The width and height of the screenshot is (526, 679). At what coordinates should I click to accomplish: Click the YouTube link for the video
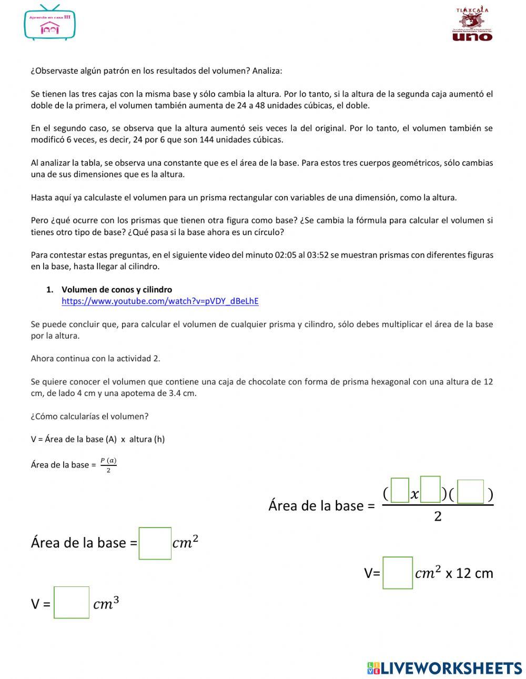pos(160,301)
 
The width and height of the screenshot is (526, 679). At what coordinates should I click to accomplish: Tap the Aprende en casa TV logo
pos(50,23)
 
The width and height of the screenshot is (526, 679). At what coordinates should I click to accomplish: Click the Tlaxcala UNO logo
pos(472,24)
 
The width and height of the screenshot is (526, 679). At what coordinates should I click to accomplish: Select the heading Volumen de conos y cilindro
pos(117,290)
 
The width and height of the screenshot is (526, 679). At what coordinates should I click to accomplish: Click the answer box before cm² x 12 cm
pos(398,573)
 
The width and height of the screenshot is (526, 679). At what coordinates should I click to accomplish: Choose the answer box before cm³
pos(72,603)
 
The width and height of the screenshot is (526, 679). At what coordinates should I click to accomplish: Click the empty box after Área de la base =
pos(155,543)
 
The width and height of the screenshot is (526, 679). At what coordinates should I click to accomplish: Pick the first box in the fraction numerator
pos(400,490)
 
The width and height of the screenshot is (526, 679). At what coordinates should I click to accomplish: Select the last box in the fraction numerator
pos(470,492)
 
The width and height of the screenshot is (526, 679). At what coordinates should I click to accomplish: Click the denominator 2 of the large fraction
pos(438,516)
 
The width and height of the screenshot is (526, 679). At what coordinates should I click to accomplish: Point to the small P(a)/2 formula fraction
pos(108,465)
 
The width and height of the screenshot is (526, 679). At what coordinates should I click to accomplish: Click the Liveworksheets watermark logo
pos(444,668)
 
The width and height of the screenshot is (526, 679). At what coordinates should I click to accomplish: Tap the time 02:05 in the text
pos(285,255)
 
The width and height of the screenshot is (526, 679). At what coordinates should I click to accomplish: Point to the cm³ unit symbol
pos(106,603)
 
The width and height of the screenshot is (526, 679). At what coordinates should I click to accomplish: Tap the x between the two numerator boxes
pos(414,494)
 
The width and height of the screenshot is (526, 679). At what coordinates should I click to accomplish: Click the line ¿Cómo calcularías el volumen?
pos(89,417)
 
